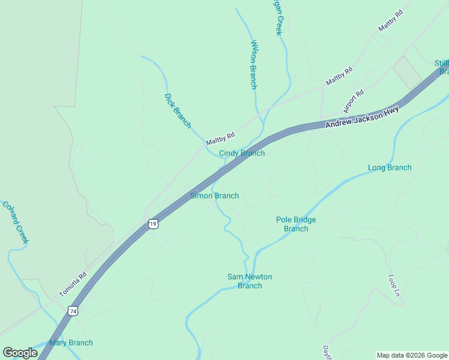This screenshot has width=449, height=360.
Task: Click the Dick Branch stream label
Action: point(177,111)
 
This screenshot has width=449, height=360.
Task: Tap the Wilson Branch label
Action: point(254,65)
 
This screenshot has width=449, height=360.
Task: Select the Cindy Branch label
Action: point(241,153)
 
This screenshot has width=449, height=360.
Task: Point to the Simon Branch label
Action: point(214,196)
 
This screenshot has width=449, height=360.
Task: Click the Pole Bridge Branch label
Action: point(296,224)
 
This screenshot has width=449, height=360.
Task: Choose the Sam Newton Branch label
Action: point(250,281)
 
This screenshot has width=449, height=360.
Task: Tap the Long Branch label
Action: point(390,167)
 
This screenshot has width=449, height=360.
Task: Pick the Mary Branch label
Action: point(71,343)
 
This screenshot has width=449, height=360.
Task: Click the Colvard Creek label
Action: point(16,221)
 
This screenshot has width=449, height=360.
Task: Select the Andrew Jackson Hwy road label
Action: point(362,118)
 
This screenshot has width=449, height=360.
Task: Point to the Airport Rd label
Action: point(354,101)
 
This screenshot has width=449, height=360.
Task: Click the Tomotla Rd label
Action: point(73,284)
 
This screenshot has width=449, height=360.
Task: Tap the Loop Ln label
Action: point(394,286)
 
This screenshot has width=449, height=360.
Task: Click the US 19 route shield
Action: point(154,224)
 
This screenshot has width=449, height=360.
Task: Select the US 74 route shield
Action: point(73,311)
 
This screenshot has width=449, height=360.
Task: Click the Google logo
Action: point(20,353)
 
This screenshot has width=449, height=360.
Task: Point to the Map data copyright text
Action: point(412,355)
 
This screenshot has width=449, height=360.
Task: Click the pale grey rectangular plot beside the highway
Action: point(408,72)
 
